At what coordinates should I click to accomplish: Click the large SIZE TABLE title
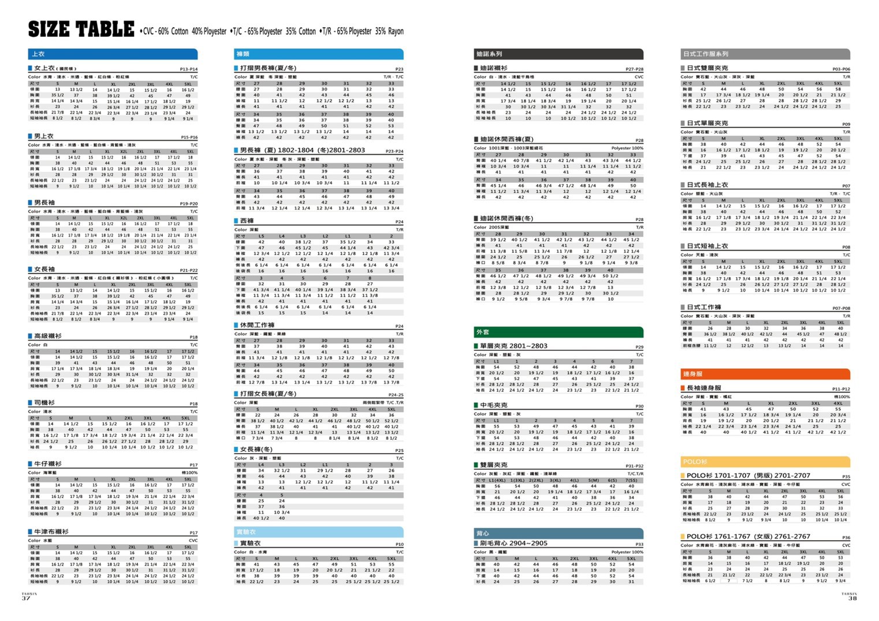coord(81,29)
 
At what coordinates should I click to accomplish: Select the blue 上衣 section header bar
coord(113,54)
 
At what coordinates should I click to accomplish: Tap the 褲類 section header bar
coord(318,54)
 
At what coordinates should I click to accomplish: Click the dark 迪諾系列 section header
coord(558,54)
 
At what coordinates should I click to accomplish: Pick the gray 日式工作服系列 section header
coord(765,54)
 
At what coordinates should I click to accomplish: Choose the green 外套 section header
coord(558,332)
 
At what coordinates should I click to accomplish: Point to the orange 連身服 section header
coord(765,374)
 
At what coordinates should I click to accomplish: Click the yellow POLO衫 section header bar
coord(765,462)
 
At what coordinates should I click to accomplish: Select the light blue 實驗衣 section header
coord(318,532)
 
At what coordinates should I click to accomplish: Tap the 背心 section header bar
coord(558,533)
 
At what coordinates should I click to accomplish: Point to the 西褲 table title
coord(247,221)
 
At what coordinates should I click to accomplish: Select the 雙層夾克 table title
coord(493,465)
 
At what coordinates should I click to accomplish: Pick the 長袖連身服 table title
coord(703,388)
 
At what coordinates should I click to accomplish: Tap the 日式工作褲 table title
coord(703,307)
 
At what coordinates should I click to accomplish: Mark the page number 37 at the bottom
coord(26,598)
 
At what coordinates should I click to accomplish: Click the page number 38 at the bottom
coord(852,598)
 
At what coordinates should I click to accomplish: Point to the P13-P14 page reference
coord(188,69)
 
